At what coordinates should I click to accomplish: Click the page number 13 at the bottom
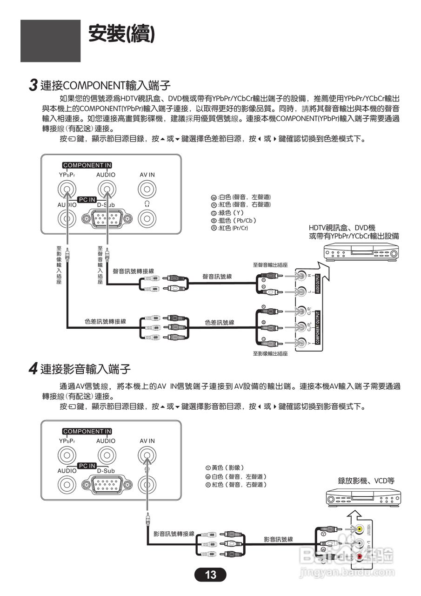click(x=210, y=575)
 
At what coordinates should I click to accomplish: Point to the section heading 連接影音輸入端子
click(x=85, y=369)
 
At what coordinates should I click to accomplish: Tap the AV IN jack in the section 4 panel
click(x=147, y=455)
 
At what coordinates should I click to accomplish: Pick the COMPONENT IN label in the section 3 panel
click(x=87, y=165)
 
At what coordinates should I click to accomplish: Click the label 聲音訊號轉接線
click(x=134, y=271)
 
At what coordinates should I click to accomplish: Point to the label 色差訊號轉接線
click(x=105, y=321)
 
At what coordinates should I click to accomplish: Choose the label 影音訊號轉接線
click(x=174, y=534)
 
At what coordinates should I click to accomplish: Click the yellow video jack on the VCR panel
click(x=360, y=529)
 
